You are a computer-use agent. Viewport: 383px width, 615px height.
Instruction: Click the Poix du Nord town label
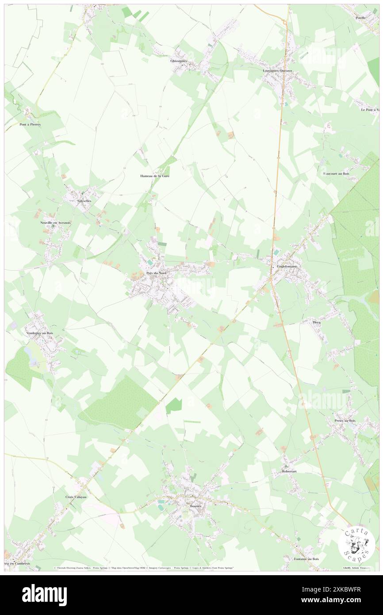(x=153, y=273)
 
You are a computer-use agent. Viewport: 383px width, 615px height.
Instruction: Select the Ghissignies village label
(x=179, y=61)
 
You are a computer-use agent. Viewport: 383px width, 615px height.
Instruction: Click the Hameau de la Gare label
(x=154, y=176)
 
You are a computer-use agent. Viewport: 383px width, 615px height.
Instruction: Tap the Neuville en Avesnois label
(x=53, y=223)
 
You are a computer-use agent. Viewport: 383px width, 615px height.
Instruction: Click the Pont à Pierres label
(x=30, y=125)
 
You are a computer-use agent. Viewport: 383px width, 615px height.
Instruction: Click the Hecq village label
(x=317, y=322)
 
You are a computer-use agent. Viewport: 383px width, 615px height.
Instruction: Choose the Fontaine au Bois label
(x=306, y=559)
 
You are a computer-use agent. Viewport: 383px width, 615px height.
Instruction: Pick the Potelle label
(x=362, y=18)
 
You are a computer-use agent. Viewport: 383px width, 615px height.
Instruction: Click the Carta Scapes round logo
(x=356, y=543)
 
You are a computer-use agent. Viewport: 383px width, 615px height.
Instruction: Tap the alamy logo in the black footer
(x=44, y=595)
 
